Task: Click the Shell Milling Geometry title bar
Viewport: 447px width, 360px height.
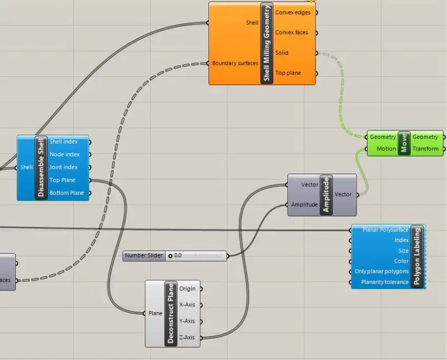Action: click(267, 43)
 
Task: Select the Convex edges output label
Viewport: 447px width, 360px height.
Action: click(293, 12)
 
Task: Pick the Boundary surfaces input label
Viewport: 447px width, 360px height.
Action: click(235, 63)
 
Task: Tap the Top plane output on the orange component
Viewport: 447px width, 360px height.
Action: click(288, 73)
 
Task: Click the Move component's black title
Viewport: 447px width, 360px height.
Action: click(404, 143)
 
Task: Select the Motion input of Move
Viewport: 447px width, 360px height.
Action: click(386, 149)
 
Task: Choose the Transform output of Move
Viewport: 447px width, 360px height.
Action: click(425, 149)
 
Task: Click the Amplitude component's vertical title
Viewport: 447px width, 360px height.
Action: click(325, 195)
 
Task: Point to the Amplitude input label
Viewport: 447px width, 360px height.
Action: click(305, 205)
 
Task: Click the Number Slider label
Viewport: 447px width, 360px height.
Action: click(143, 256)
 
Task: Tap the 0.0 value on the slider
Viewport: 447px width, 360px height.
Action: click(177, 256)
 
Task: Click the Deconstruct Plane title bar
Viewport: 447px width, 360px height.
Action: click(170, 314)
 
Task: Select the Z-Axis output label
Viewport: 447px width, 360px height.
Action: click(187, 337)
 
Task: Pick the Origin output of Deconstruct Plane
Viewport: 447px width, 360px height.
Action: click(187, 288)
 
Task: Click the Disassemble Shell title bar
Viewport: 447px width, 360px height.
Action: click(42, 168)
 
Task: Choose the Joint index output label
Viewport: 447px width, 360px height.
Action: click(64, 167)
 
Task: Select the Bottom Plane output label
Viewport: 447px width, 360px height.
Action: click(66, 193)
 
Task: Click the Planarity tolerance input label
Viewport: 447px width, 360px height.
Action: click(384, 282)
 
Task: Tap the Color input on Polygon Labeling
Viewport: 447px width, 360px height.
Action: click(401, 261)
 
